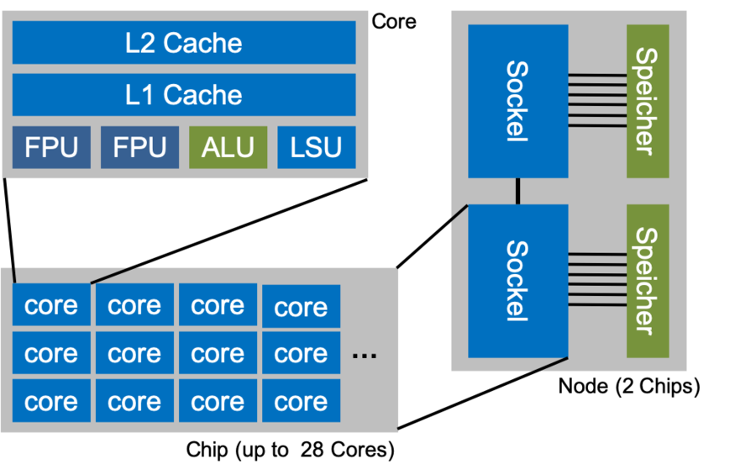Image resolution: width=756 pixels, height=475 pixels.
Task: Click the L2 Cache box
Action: pos(183,43)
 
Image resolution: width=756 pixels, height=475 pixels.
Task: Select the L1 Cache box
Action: pos(183,95)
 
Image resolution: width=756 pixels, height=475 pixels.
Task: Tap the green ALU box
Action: pos(228,147)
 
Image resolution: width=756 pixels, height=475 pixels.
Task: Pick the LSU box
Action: pos(316,147)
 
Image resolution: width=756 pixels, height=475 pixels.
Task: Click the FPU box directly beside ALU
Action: pos(139,147)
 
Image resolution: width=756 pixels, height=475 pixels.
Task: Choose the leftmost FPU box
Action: pos(51,147)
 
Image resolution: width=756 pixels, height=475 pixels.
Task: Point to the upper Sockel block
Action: pos(517,101)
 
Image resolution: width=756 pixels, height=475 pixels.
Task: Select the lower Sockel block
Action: pos(517,280)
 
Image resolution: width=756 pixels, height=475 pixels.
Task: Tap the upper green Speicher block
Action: pos(648,101)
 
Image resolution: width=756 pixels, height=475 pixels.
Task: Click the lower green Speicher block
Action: pos(648,280)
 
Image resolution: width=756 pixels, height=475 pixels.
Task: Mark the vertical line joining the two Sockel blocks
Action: pos(517,191)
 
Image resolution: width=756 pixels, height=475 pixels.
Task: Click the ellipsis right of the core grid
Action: pos(365,356)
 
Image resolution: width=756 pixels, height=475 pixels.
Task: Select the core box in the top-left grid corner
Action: pos(51,305)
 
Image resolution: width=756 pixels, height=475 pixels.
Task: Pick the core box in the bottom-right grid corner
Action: pos(301,402)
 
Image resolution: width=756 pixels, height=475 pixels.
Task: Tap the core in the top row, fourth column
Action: pos(301,307)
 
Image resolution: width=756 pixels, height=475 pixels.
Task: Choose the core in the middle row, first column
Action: pos(51,353)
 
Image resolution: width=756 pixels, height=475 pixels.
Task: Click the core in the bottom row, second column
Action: pos(134,401)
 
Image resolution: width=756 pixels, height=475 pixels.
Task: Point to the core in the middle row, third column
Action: pos(218,353)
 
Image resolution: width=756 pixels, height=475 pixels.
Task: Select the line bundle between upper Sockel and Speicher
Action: pos(597,101)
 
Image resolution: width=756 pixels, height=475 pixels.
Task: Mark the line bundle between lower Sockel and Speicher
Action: pos(597,280)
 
